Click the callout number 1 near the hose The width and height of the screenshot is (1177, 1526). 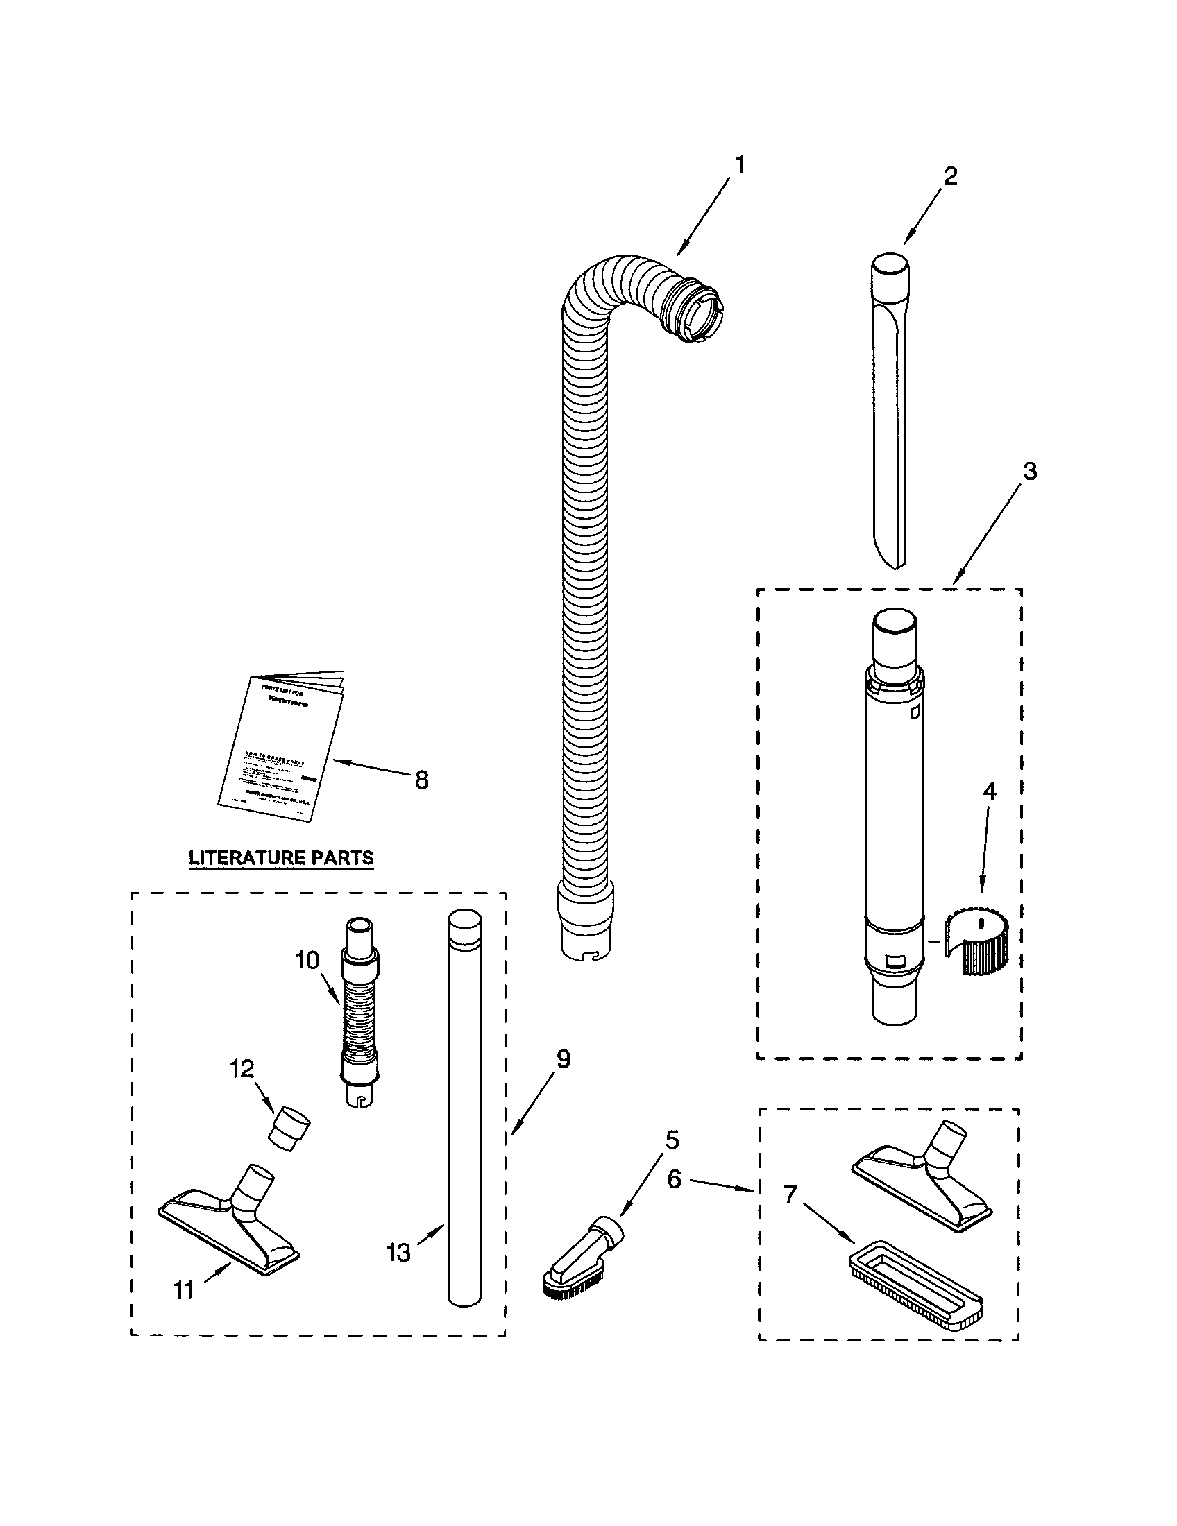[739, 166]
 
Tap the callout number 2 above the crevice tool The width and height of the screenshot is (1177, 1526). [950, 176]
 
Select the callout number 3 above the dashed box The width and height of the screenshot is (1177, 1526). [1029, 472]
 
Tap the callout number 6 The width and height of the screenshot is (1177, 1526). [674, 1179]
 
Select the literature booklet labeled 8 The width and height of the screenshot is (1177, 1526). [281, 747]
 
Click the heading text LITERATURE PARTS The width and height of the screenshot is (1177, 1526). [281, 857]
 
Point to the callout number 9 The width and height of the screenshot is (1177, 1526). [564, 1059]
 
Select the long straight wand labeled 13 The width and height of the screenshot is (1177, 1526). [465, 1111]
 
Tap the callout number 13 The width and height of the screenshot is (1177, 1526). [398, 1253]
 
